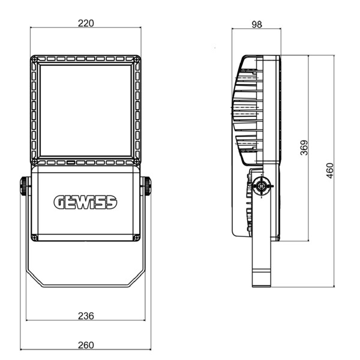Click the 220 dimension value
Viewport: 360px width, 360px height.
click(86, 23)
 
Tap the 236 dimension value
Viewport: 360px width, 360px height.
click(86, 316)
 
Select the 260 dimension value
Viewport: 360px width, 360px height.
click(86, 346)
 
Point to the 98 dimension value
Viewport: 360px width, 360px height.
click(257, 25)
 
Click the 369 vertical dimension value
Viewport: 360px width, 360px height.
click(304, 148)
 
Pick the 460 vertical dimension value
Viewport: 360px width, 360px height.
click(329, 170)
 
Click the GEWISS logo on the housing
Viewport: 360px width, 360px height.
click(85, 202)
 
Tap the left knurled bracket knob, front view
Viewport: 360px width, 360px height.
click(24, 186)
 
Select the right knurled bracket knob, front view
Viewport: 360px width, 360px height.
click(147, 186)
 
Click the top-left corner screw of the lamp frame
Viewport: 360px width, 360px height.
click(34, 59)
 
